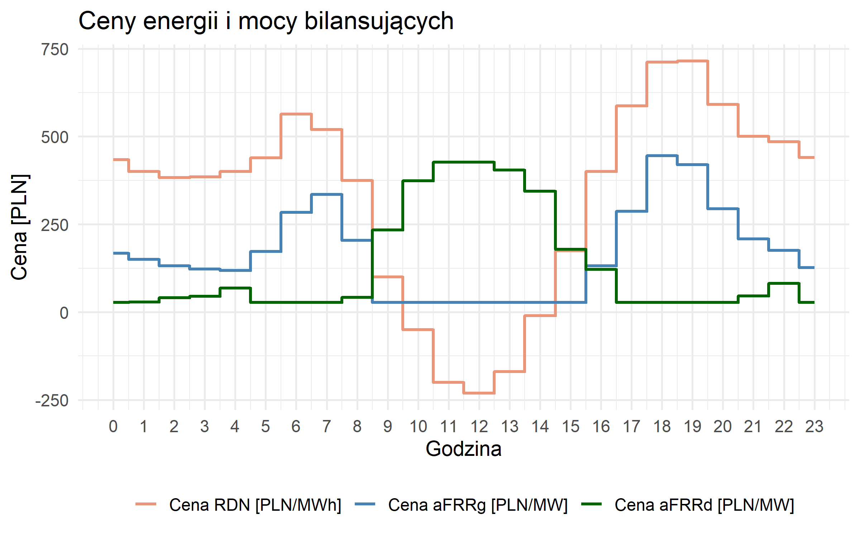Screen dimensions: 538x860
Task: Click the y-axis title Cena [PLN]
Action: click(x=19, y=227)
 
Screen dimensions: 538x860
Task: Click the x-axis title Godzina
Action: click(x=463, y=449)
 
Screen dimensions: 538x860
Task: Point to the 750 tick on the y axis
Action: click(x=55, y=49)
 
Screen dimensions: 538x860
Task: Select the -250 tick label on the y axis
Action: click(x=52, y=401)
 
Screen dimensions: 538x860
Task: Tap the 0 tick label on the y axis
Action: click(x=64, y=313)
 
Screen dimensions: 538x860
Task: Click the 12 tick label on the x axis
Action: click(x=479, y=427)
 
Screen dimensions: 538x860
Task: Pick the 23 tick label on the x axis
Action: click(x=814, y=427)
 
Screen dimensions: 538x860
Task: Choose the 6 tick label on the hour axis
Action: click(x=296, y=427)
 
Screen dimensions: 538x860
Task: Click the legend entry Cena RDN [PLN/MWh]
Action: click(x=255, y=505)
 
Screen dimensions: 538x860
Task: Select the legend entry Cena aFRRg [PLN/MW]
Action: click(x=478, y=505)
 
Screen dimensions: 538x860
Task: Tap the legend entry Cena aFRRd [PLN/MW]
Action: click(x=704, y=505)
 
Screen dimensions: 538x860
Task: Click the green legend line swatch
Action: click(x=591, y=504)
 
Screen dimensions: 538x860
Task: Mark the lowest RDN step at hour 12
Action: click(x=479, y=393)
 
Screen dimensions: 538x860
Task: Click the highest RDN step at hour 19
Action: click(x=692, y=61)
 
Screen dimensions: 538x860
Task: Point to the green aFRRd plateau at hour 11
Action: click(x=449, y=162)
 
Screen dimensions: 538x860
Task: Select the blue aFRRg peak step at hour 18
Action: click(x=662, y=156)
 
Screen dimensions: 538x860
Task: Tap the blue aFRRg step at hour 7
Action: click(x=326, y=194)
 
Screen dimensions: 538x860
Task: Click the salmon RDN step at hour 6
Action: click(x=296, y=114)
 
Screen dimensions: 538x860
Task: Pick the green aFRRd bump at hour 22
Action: click(x=784, y=283)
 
